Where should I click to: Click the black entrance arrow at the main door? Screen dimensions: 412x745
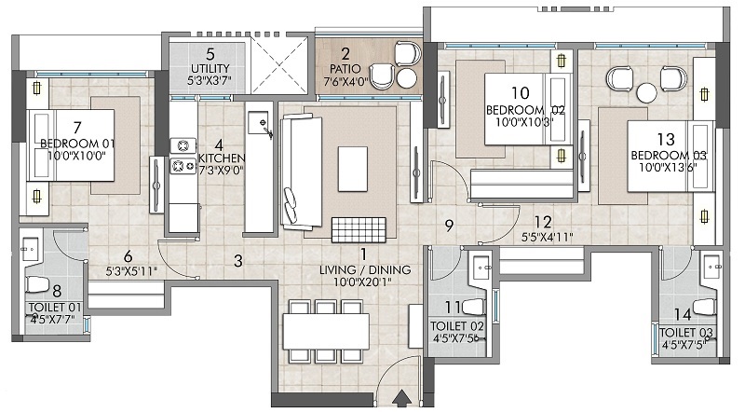click(x=401, y=398)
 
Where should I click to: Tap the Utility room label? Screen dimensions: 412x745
click(x=210, y=69)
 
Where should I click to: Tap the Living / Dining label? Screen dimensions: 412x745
click(x=364, y=270)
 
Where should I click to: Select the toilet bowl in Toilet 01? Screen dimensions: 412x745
click(x=38, y=284)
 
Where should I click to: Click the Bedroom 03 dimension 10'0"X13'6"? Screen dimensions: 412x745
click(x=669, y=168)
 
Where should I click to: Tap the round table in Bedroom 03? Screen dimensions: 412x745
click(x=646, y=91)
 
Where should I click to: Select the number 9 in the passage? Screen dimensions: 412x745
click(x=449, y=224)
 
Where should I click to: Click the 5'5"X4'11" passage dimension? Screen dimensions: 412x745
click(x=546, y=237)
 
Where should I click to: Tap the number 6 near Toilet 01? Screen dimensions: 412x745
click(x=128, y=256)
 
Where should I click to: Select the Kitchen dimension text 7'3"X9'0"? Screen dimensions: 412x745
click(x=221, y=172)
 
